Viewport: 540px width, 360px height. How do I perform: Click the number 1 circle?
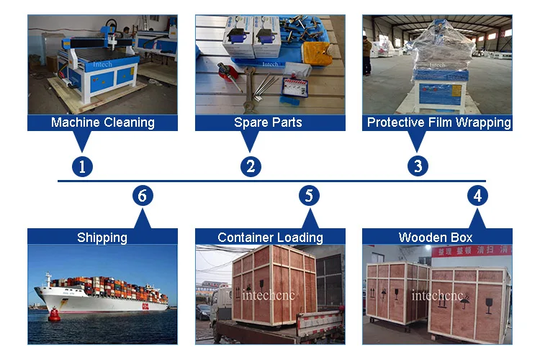coord(83,167)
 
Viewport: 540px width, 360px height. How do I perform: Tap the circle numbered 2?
coord(251,167)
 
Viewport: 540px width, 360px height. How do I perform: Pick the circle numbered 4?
coord(477,195)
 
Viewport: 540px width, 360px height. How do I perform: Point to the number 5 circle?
coord(309,195)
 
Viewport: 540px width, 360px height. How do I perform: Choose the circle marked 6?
coord(143,195)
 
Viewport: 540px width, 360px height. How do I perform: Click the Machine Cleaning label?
coord(102,122)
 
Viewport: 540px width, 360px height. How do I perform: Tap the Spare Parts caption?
coord(268,122)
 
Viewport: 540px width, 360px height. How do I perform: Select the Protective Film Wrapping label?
coord(438,122)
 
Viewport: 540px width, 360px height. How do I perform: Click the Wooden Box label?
coord(436,237)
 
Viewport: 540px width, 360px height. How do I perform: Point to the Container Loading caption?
coord(270,237)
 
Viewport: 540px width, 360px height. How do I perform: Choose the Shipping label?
coord(102,237)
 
